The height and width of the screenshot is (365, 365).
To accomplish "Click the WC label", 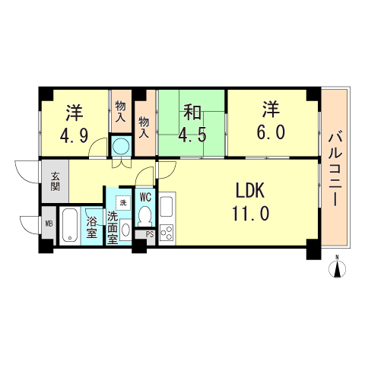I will tap(146, 197).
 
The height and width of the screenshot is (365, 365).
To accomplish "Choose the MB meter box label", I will tap(49, 224).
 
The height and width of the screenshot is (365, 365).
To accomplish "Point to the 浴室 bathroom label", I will tap(91, 227).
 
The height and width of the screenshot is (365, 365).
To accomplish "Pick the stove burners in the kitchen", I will tap(167, 233).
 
